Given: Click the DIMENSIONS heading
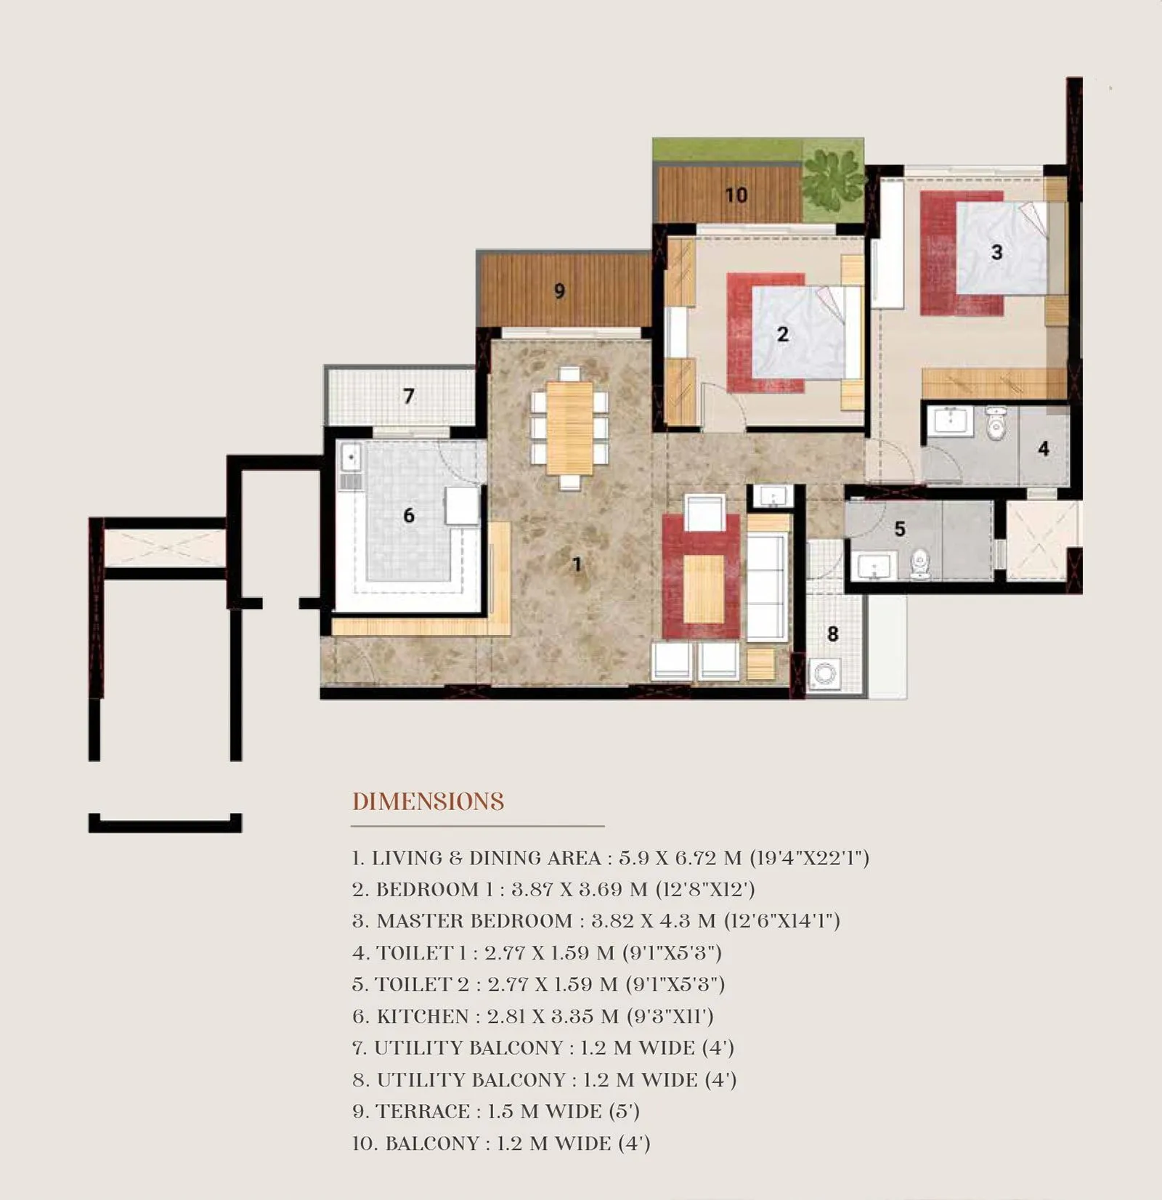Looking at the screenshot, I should click(428, 802).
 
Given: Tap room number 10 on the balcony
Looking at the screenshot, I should click(736, 195).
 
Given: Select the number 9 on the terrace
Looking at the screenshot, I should click(559, 291).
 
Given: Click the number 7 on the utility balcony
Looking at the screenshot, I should click(409, 396).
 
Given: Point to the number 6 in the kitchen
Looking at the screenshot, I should click(409, 516).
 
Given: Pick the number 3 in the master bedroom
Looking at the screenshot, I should click(997, 252).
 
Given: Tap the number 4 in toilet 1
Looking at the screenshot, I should click(1044, 448).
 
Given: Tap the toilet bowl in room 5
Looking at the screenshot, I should click(920, 564).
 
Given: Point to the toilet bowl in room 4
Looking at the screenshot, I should click(996, 423).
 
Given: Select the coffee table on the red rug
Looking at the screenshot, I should click(703, 588).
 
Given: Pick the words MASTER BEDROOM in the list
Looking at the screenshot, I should click(474, 921).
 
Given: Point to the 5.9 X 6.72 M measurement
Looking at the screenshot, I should click(680, 858).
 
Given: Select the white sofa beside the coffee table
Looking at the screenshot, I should click(767, 587).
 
